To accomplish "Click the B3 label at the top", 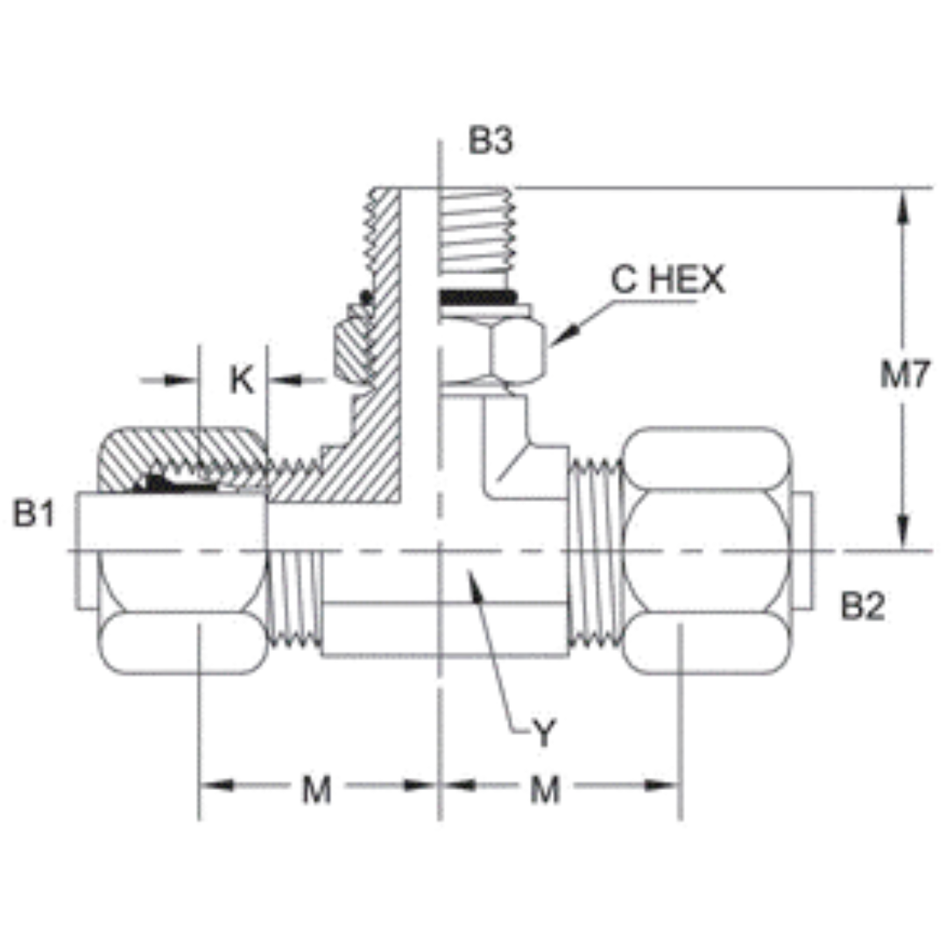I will tap(490, 141).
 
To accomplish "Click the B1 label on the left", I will tap(34, 515).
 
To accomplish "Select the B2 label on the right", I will tap(863, 606).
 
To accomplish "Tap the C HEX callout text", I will tap(667, 280).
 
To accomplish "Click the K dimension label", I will tap(242, 380).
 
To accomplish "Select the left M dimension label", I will tap(317, 790).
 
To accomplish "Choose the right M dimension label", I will tap(545, 790).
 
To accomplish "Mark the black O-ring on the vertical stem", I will tap(474, 299).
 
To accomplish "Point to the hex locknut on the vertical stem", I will tap(491, 350).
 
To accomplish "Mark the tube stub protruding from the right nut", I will tap(804, 552).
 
